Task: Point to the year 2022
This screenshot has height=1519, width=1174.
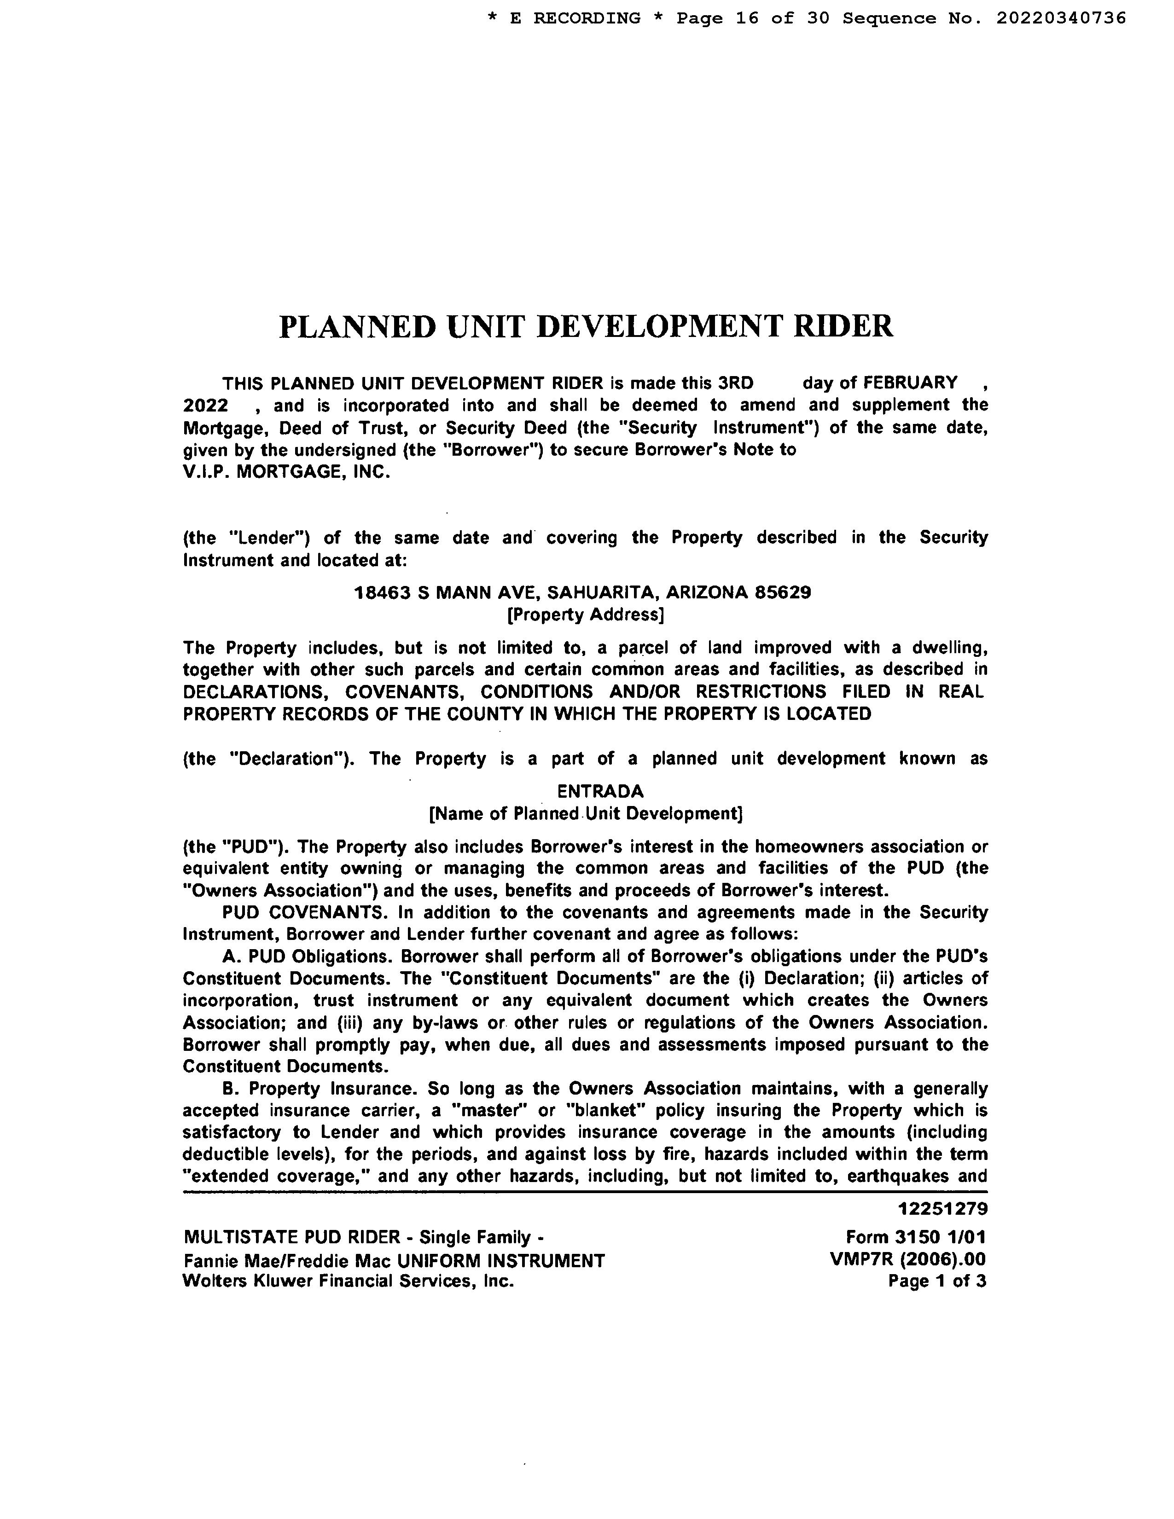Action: [x=205, y=405]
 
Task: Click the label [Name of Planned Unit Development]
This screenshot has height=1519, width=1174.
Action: [x=586, y=813]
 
